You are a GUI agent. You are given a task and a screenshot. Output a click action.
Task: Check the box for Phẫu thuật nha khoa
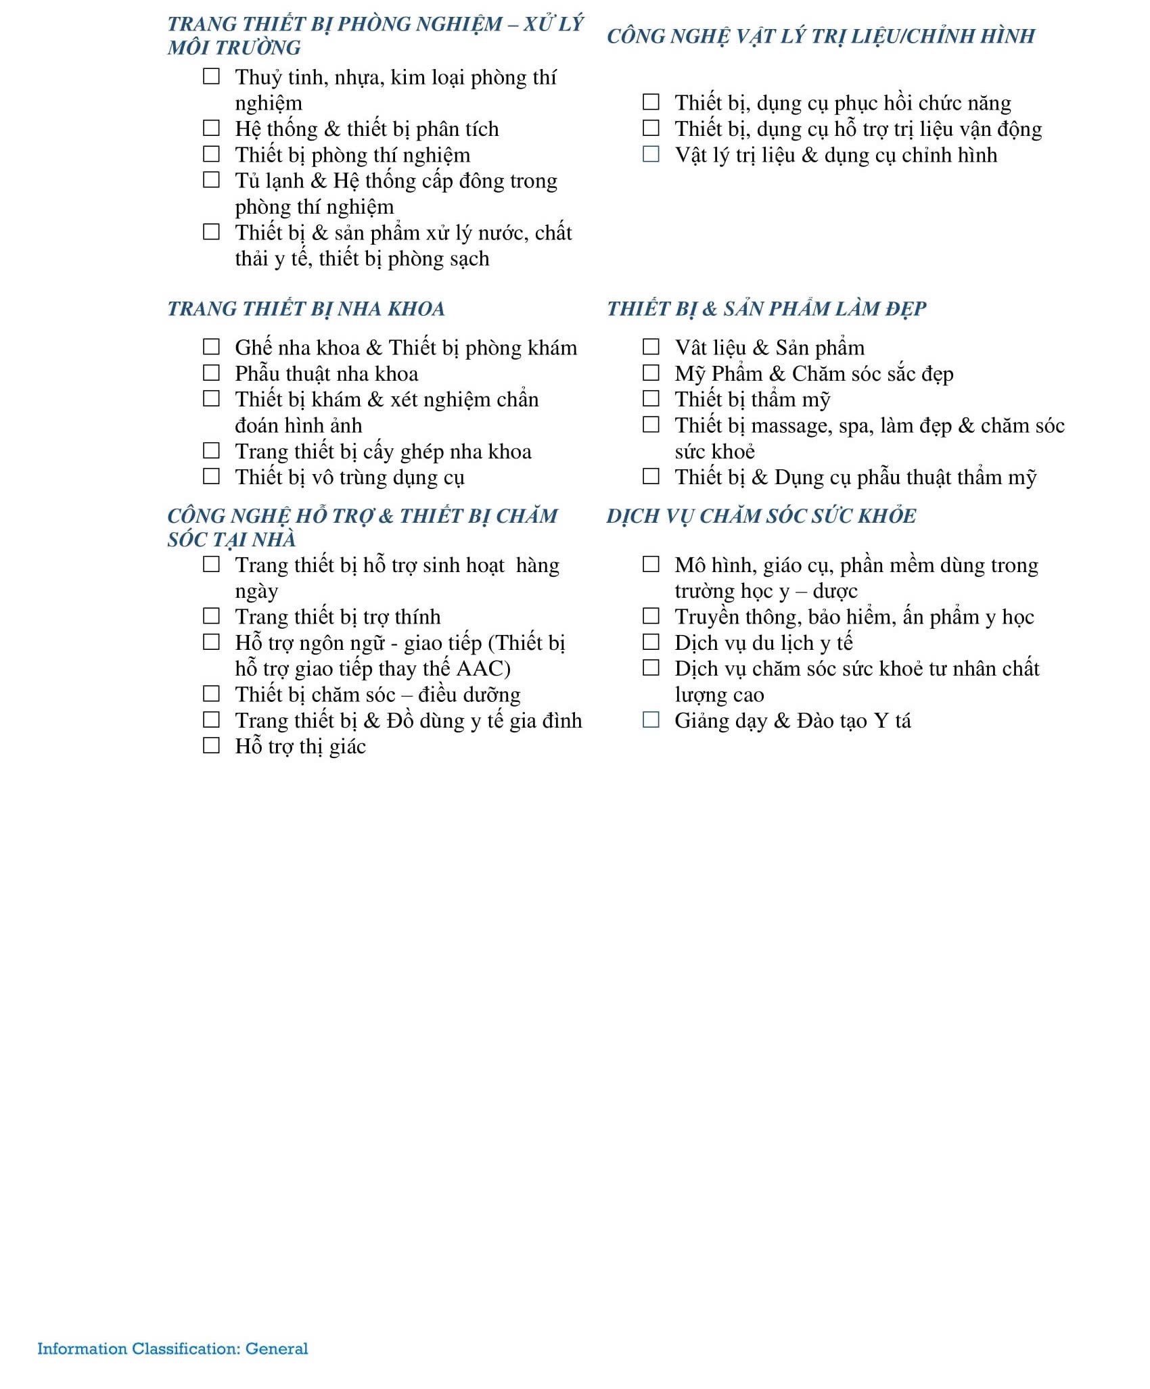click(x=212, y=373)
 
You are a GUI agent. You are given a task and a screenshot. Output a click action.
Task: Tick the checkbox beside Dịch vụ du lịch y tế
click(x=651, y=641)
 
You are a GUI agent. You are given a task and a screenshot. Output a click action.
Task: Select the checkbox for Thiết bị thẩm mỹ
click(x=651, y=398)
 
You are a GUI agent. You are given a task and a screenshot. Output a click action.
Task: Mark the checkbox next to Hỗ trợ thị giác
click(x=212, y=745)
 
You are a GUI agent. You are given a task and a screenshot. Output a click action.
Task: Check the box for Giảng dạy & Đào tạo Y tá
click(x=651, y=720)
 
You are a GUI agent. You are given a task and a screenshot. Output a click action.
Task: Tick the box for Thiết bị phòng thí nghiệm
click(x=212, y=154)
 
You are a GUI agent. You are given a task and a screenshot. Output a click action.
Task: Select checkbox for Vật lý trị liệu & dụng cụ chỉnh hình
click(x=651, y=154)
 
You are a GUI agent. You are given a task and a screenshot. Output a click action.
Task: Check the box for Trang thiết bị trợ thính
click(x=212, y=615)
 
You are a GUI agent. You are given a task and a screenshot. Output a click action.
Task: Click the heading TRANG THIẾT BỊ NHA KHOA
click(x=306, y=309)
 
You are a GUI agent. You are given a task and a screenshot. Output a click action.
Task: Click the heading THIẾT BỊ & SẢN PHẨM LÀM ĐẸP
click(x=766, y=309)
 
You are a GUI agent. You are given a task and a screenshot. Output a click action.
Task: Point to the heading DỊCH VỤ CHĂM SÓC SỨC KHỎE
click(x=761, y=516)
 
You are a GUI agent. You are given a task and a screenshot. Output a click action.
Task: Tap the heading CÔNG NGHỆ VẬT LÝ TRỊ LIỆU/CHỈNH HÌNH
click(x=821, y=36)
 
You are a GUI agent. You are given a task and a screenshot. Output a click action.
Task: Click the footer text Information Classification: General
click(x=172, y=1348)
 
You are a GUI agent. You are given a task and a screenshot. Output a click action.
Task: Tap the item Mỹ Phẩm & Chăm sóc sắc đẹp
click(x=814, y=373)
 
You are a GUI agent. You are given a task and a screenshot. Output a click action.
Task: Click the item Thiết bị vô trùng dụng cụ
click(x=349, y=477)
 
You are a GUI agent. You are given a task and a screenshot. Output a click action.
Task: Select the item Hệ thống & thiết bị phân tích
click(x=367, y=128)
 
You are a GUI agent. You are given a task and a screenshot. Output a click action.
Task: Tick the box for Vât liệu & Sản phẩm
click(x=651, y=346)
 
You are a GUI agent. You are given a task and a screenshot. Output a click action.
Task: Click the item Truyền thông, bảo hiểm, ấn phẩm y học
click(x=854, y=617)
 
